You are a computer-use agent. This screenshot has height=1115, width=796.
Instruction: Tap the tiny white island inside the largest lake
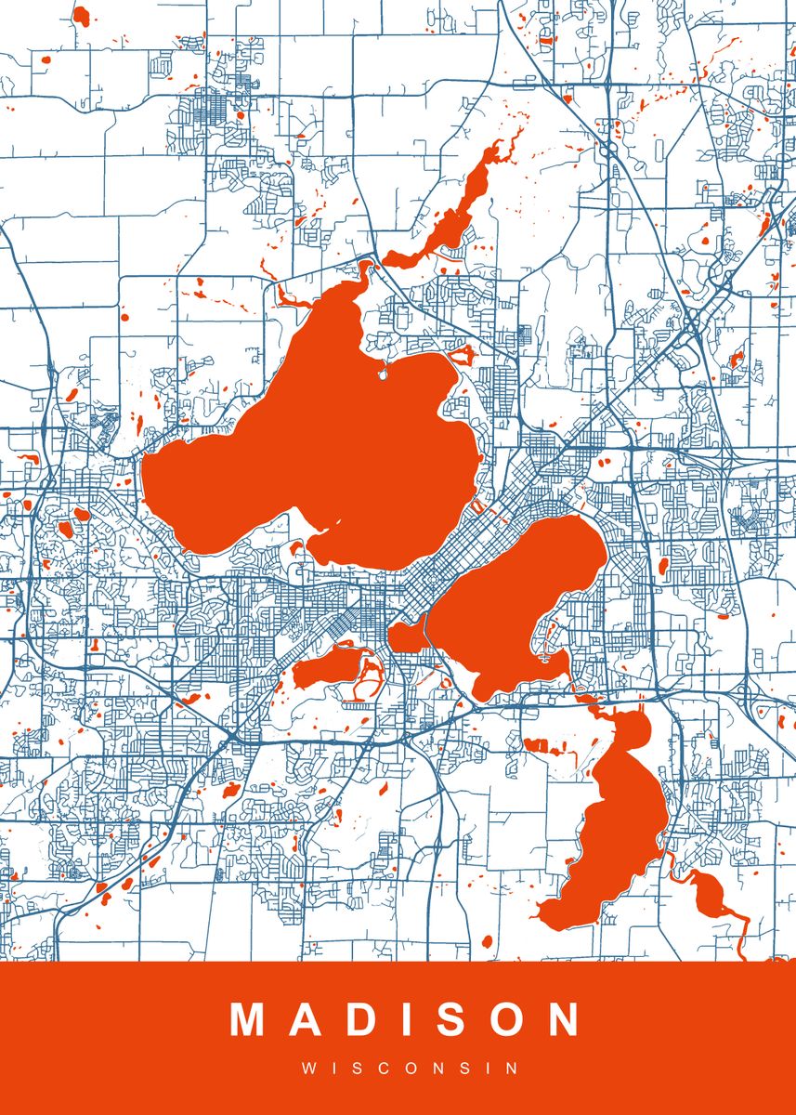coord(382,375)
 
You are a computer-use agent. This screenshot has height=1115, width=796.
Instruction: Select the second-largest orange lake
coord(520,595)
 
